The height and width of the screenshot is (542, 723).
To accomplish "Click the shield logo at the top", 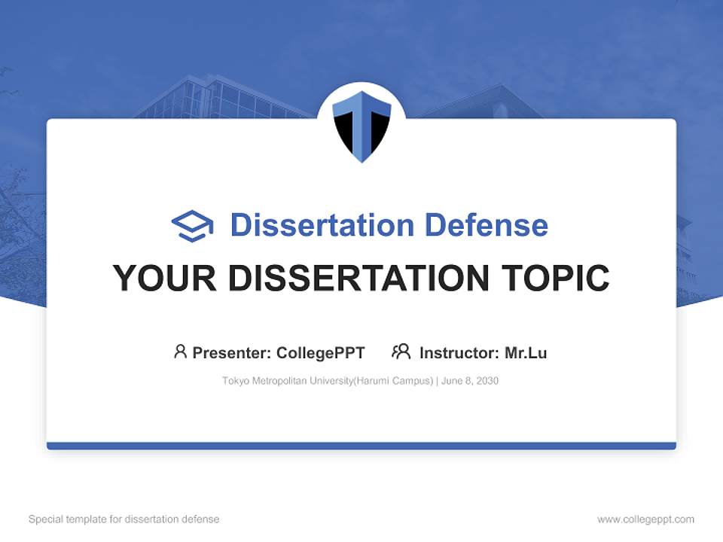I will (361, 125).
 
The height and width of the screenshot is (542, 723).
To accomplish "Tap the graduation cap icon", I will (192, 226).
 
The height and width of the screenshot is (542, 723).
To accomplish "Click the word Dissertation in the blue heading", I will (322, 225).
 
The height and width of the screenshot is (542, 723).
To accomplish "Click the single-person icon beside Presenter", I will (180, 352).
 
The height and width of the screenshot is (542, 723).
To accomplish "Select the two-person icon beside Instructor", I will (401, 352).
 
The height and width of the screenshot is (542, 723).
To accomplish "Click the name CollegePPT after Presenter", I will (321, 353).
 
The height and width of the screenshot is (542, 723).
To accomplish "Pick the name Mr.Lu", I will (526, 353).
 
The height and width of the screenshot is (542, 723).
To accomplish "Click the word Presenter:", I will (232, 353).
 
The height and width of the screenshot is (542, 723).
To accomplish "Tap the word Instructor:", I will (459, 353).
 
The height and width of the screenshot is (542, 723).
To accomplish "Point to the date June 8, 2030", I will (470, 381).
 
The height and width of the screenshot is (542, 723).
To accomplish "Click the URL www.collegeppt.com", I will (645, 519).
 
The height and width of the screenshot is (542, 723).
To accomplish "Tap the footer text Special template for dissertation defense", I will (124, 519).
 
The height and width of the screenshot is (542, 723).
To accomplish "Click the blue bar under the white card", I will (361, 446).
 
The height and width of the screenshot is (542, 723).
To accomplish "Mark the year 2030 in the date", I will (487, 381).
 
